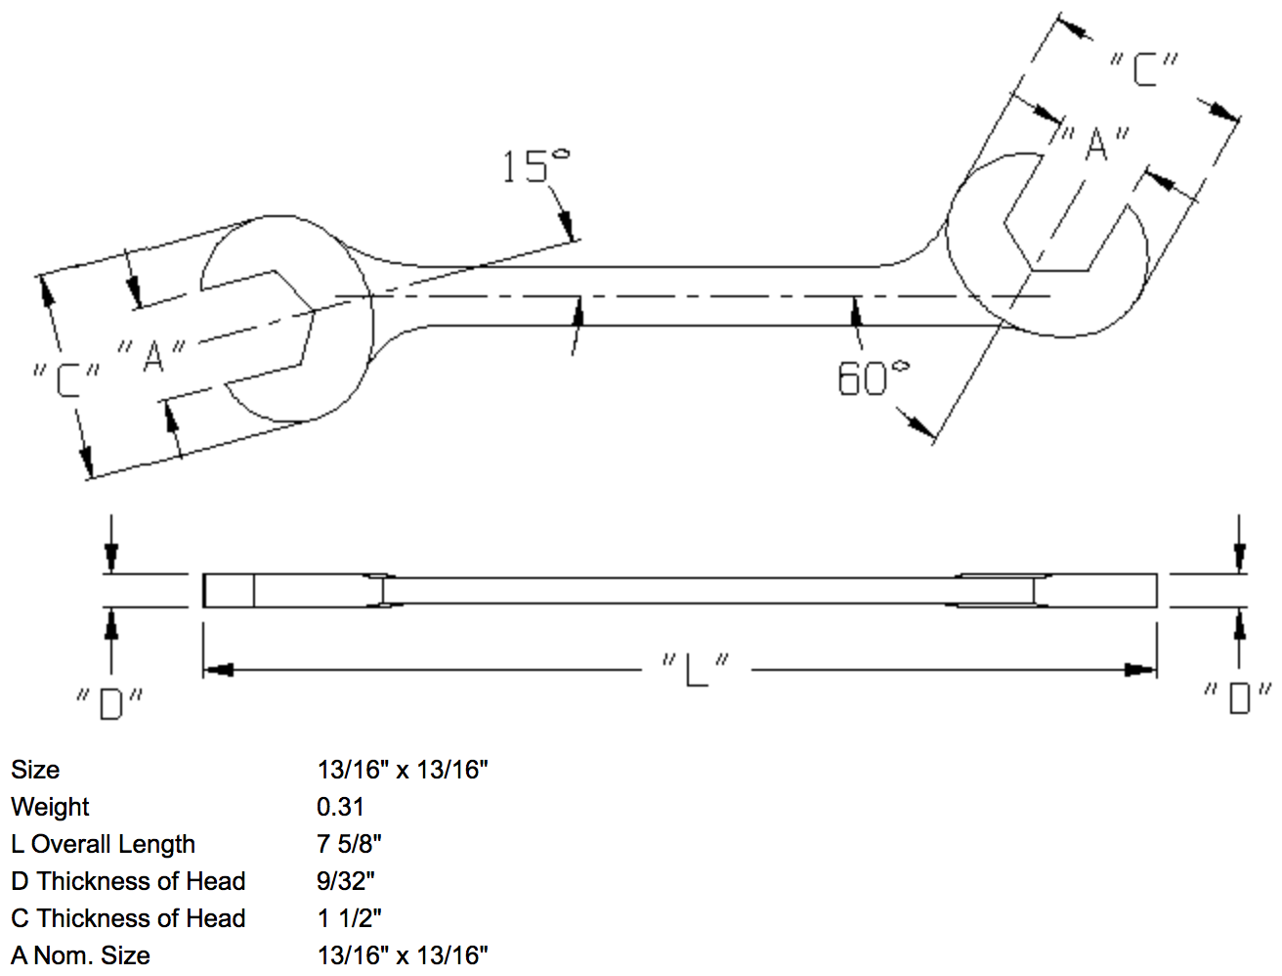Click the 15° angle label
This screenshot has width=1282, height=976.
535,166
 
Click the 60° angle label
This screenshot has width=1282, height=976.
873,378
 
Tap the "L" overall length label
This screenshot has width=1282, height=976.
695,670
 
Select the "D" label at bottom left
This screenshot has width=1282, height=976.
110,702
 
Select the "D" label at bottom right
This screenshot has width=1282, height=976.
1238,697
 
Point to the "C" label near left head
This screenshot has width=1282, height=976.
66,379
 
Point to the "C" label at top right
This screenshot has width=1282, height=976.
1144,69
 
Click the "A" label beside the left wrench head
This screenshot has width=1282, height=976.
151,355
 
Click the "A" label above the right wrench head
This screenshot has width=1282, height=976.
1095,144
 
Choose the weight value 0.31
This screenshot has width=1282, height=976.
340,807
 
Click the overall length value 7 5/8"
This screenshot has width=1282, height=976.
349,844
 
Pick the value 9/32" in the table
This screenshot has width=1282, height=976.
346,881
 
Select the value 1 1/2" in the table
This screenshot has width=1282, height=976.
349,918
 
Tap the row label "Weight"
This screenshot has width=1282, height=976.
50,807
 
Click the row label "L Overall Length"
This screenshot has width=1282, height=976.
103,844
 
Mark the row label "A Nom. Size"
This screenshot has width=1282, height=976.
80,955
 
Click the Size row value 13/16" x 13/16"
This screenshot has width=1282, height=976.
402,770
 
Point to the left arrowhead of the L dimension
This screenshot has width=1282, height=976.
217,670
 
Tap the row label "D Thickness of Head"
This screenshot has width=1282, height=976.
128,881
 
